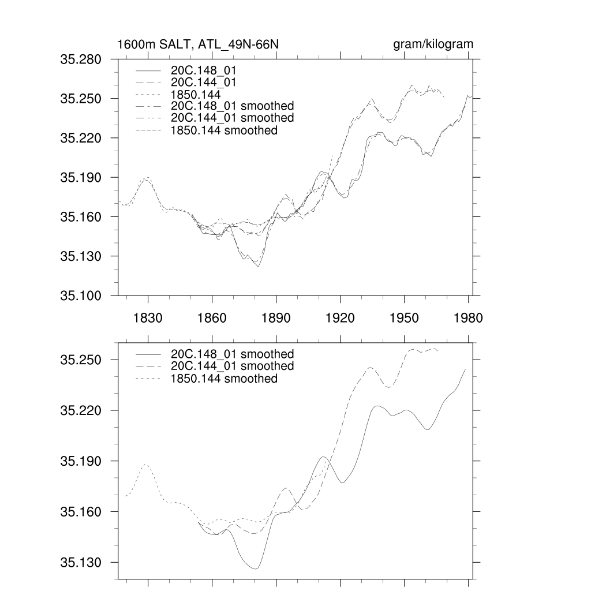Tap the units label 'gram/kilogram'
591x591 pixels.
[433, 44]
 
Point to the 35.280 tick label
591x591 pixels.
[81, 59]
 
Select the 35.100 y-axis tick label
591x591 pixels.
[81, 295]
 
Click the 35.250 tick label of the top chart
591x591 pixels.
[81, 99]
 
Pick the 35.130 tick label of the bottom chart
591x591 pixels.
[81, 563]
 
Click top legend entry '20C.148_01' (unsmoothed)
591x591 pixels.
[204, 70]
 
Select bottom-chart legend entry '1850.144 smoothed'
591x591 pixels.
[224, 379]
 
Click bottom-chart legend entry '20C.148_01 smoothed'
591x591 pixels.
[232, 354]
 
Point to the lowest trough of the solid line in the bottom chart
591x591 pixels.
[255, 569]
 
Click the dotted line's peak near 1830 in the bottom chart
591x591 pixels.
[146, 464]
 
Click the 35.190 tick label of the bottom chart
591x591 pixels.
[81, 462]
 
